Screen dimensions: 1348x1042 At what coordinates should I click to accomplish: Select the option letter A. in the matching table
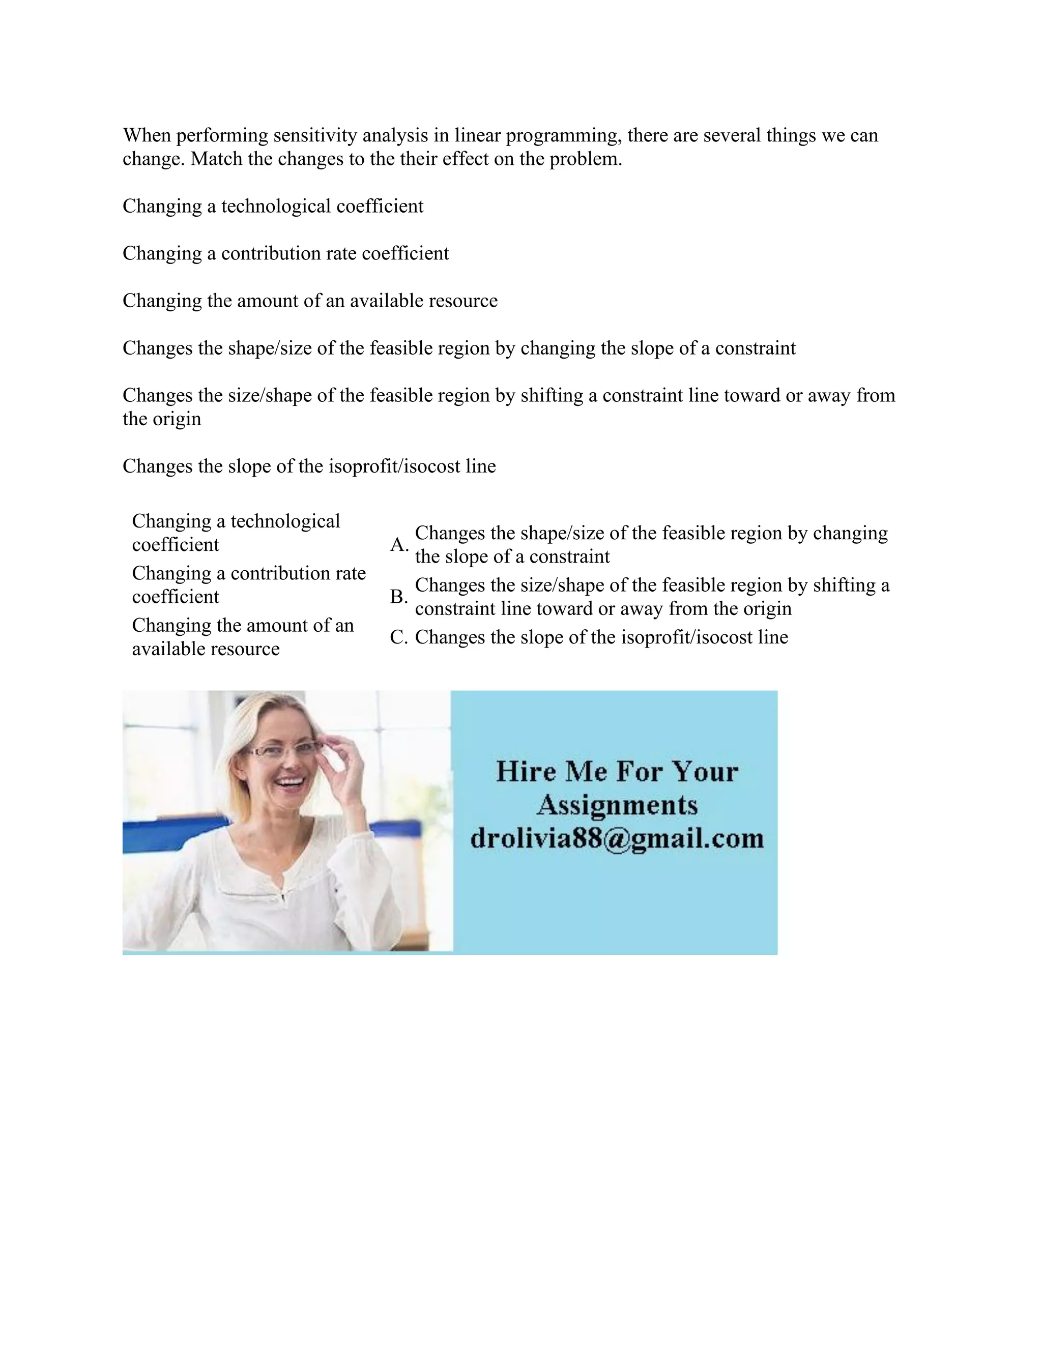pos(399,545)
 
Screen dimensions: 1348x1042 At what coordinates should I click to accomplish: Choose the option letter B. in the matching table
pos(399,597)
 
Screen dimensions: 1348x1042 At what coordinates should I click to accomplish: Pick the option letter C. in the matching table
pos(399,637)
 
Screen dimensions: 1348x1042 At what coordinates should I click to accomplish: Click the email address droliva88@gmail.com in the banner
pos(617,838)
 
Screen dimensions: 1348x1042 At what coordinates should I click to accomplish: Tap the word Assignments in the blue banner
pos(617,805)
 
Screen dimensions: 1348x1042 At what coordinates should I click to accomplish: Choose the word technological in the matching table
pos(285,521)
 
